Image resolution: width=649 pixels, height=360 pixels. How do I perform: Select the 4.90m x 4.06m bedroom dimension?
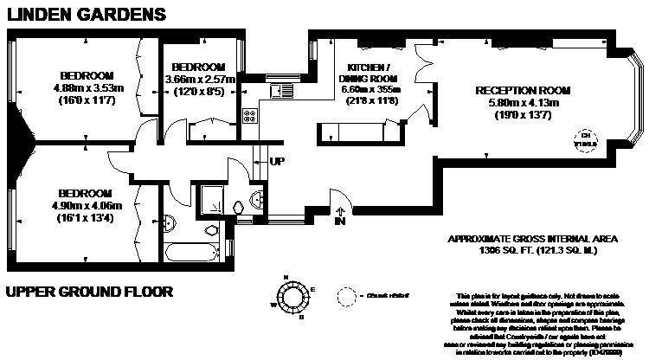coord(86,205)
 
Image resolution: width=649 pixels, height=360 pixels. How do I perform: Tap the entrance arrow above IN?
coord(340,209)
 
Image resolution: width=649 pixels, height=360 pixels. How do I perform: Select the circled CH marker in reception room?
coord(586,139)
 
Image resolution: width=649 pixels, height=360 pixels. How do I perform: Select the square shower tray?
coord(210,201)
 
